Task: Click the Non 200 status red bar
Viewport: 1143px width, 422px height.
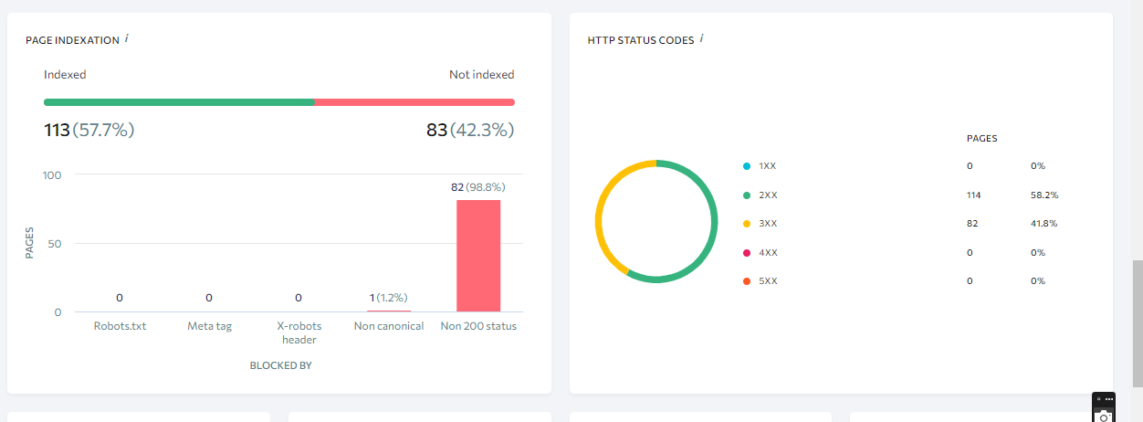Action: [x=478, y=256]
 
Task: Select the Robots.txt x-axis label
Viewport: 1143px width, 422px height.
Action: [x=120, y=326]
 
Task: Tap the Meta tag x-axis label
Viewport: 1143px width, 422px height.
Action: [x=209, y=326]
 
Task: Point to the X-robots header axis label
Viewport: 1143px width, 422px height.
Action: [x=299, y=332]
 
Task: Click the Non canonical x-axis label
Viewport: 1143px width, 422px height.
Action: [x=389, y=326]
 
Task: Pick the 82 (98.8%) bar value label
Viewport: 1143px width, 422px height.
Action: [x=477, y=187]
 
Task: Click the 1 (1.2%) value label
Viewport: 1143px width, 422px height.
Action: [x=389, y=298]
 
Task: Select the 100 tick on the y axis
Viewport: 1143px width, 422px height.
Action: [x=52, y=175]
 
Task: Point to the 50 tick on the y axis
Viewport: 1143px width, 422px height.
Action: [x=55, y=244]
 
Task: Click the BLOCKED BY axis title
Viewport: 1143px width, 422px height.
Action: [x=281, y=365]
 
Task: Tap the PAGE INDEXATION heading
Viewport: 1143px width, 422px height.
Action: [x=72, y=40]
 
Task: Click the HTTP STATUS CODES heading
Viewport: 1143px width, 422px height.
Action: [x=640, y=40]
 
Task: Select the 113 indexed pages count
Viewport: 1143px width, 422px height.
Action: [x=57, y=131]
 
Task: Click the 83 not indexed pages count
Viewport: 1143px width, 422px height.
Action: [x=436, y=131]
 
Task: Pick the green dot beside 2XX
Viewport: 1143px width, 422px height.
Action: [x=747, y=195]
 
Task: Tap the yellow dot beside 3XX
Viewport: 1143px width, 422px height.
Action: [x=747, y=224]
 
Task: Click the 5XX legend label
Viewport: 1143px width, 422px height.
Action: [x=768, y=281]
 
